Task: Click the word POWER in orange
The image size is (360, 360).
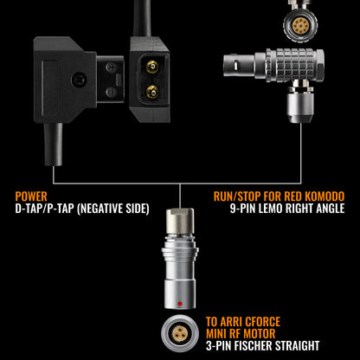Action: (x=31, y=196)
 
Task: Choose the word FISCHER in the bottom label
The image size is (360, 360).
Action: (x=253, y=345)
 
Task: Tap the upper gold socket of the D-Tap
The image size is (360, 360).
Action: (x=152, y=67)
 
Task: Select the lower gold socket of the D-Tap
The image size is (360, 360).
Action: (x=152, y=92)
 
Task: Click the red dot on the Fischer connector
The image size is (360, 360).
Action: (x=180, y=304)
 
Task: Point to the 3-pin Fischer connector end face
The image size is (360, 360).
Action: (x=180, y=333)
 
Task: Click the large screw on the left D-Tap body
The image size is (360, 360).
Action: (x=79, y=78)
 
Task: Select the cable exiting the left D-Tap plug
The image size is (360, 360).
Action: (x=53, y=145)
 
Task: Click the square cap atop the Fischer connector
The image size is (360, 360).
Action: (x=180, y=221)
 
